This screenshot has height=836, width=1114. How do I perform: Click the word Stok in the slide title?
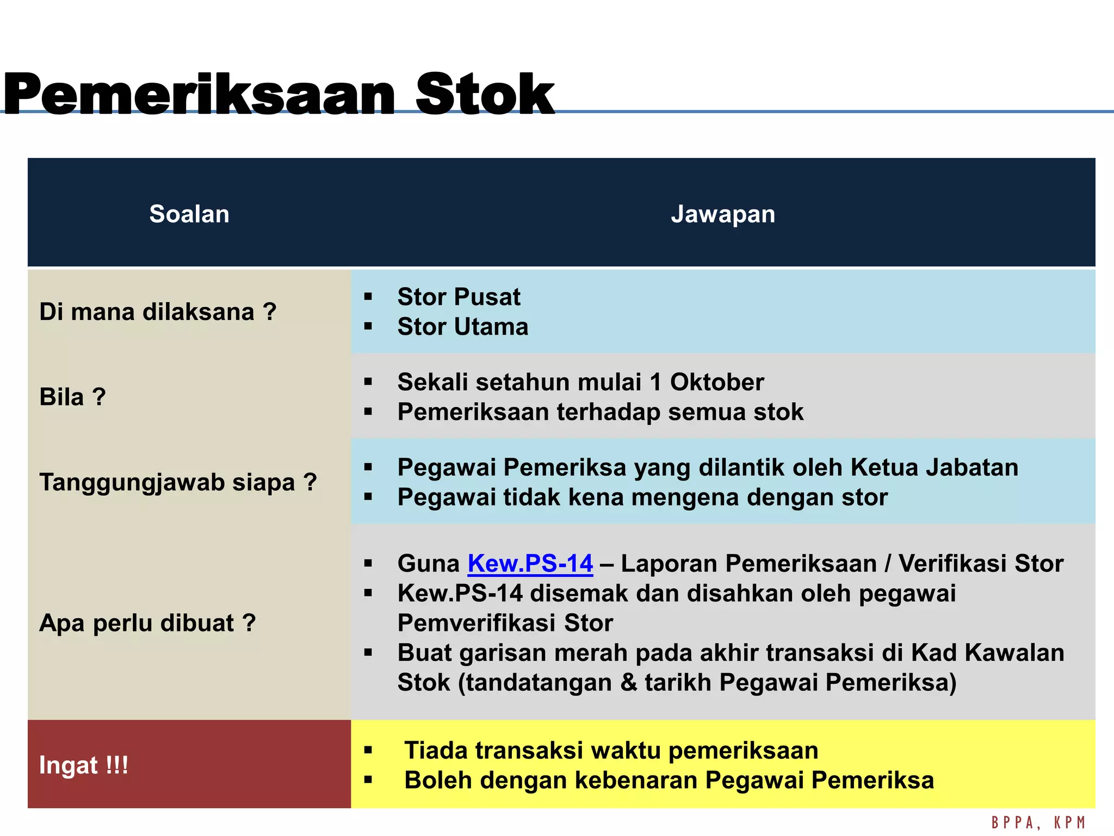point(485,95)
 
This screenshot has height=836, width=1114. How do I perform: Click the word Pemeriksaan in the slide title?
point(199,95)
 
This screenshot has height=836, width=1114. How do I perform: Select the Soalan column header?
point(189,214)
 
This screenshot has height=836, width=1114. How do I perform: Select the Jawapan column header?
point(723,214)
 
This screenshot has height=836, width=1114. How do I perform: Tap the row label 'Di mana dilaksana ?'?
point(158,312)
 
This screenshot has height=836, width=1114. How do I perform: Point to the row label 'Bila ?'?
point(72,397)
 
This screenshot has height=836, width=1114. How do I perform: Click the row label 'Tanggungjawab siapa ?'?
point(178,482)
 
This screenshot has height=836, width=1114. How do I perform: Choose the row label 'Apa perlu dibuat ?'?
point(147,623)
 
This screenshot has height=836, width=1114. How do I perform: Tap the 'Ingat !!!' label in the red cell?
point(84,765)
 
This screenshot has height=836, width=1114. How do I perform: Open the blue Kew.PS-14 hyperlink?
point(530,563)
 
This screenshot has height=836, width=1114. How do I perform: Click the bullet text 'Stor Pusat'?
point(459,297)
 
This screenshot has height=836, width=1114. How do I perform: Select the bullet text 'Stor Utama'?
point(463,327)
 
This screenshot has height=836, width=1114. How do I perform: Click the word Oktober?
point(716,382)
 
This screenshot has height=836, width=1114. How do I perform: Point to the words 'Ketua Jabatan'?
point(934,468)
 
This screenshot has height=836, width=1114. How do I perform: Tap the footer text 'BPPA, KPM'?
point(1038,822)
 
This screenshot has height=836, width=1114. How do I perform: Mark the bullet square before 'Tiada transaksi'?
point(368,751)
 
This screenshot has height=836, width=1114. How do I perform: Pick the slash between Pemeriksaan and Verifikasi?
point(888,563)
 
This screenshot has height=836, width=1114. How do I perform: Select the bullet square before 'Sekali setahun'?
point(368,382)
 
